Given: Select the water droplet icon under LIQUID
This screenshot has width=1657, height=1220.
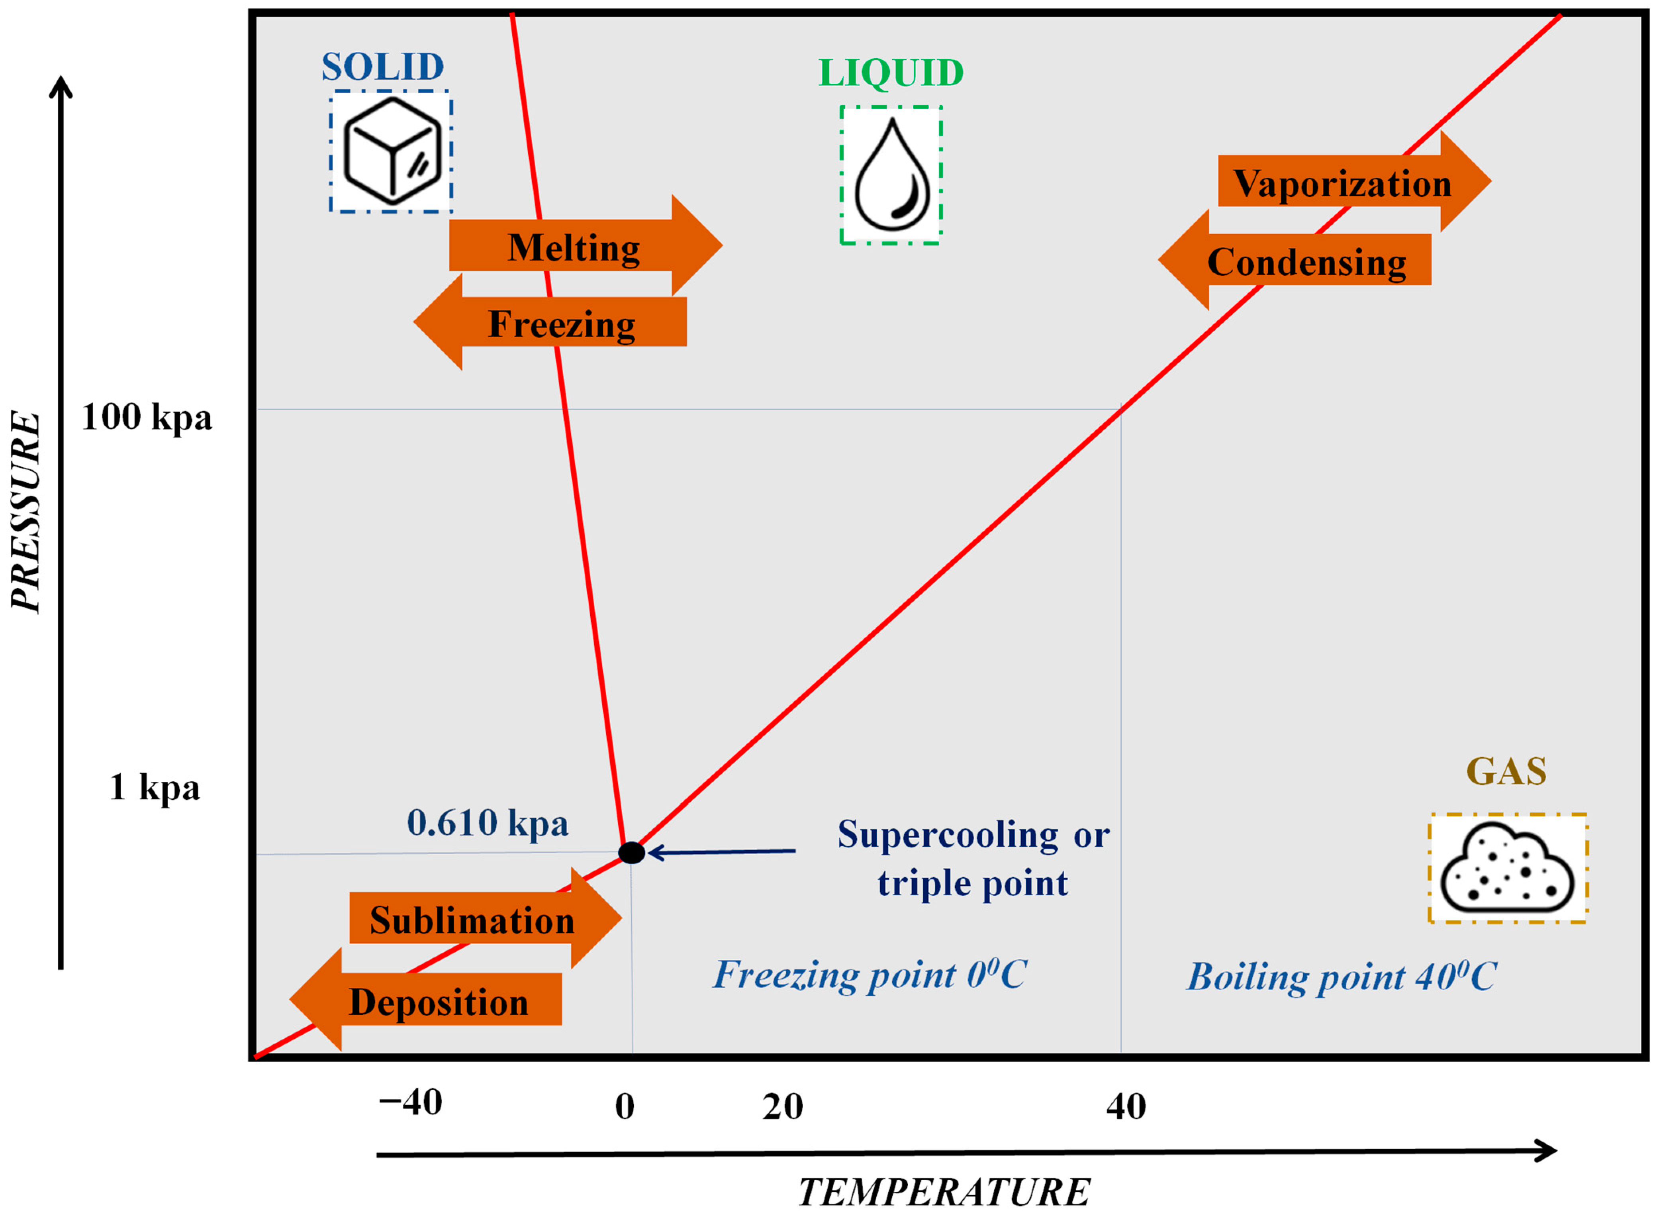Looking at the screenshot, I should [x=891, y=175].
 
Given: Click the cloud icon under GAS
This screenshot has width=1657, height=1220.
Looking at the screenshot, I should [x=1507, y=869].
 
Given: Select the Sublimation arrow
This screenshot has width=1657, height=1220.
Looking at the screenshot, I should [x=472, y=920].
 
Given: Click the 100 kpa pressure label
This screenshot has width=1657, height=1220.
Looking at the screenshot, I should [x=146, y=417].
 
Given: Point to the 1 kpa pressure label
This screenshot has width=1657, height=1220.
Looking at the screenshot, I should [x=154, y=787].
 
